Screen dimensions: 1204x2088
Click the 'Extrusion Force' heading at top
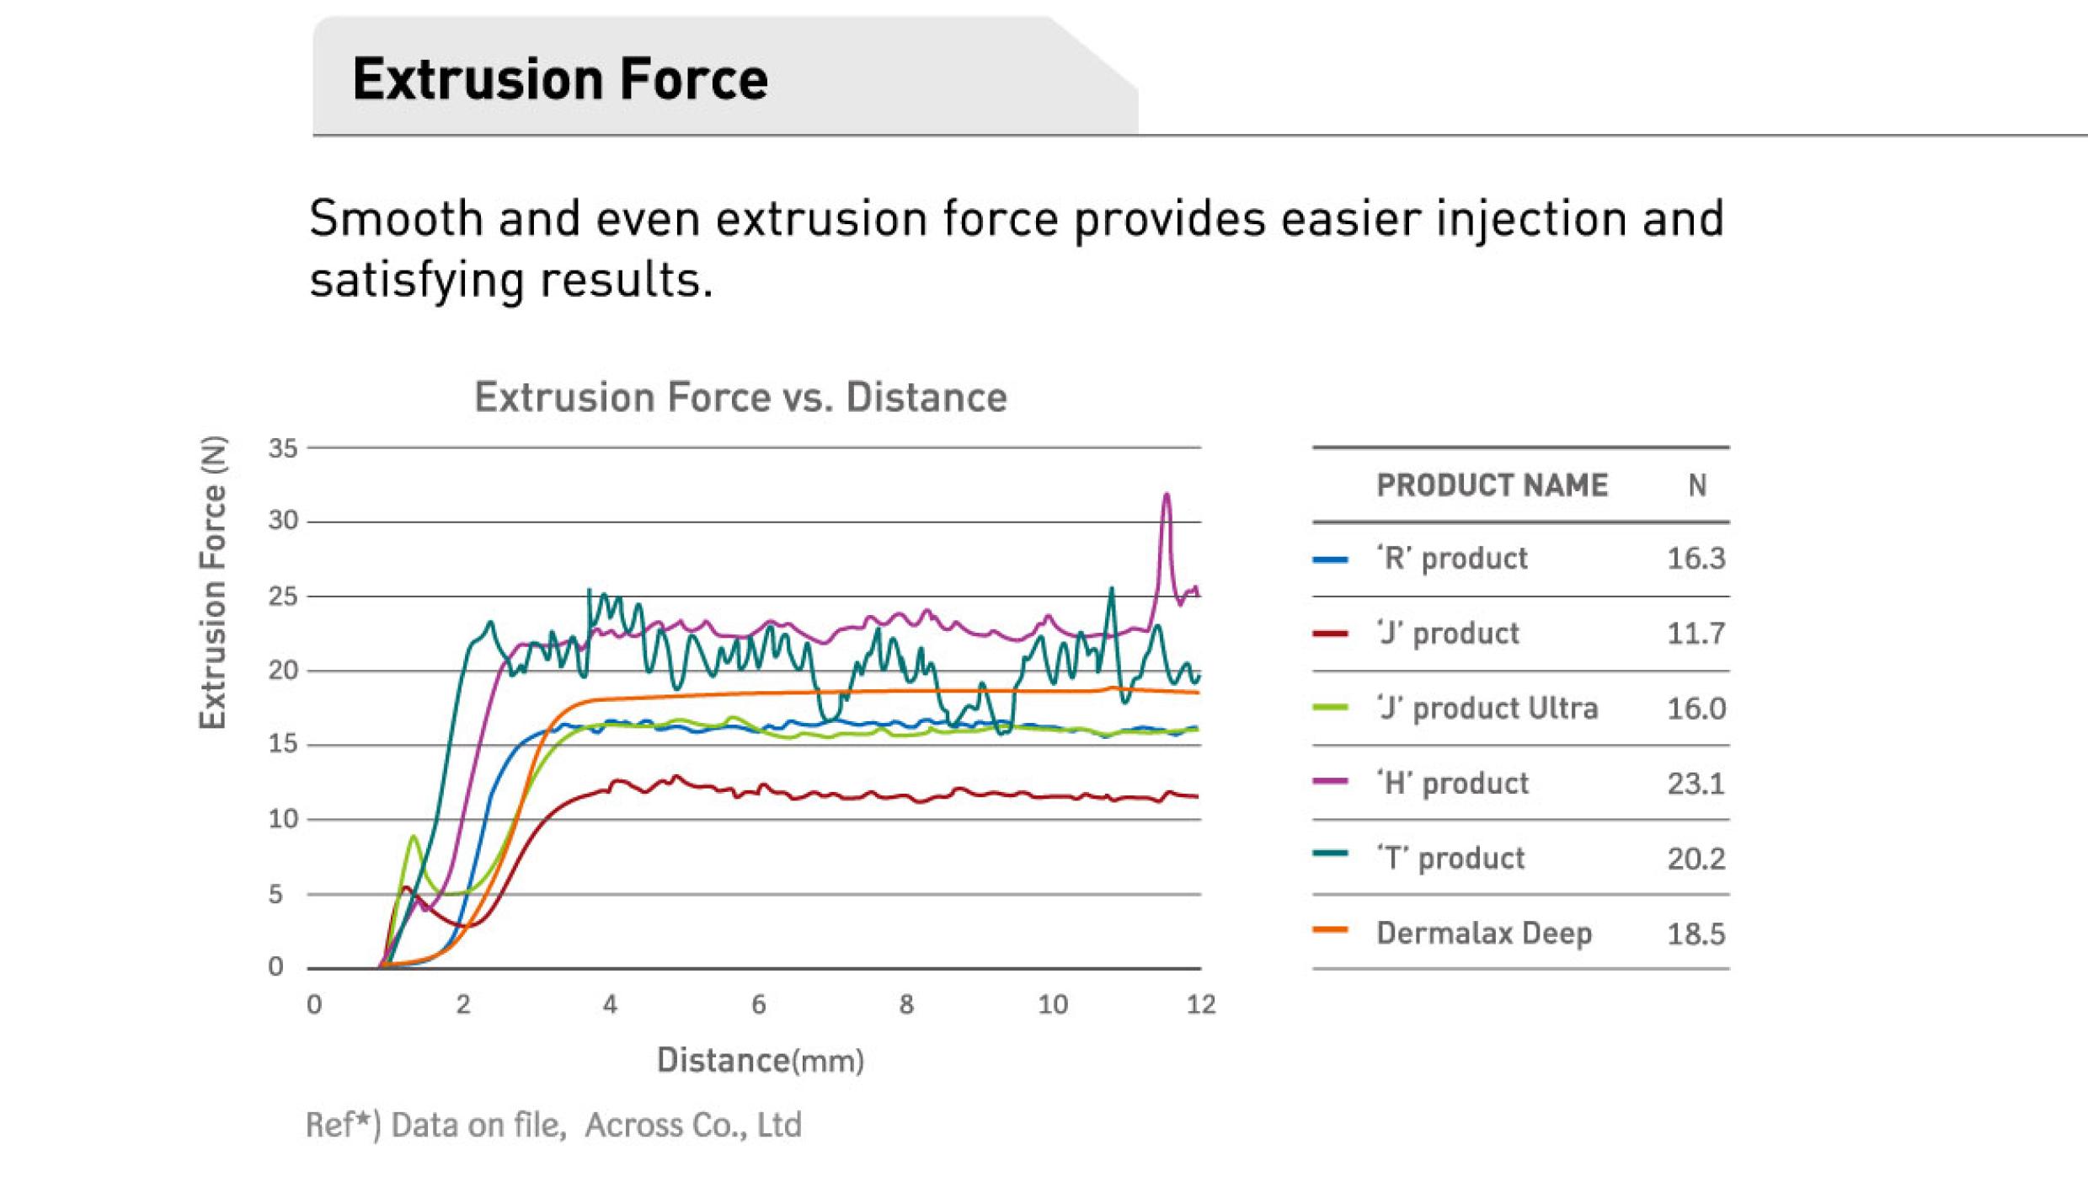click(559, 79)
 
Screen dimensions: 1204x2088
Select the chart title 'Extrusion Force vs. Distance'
click(740, 397)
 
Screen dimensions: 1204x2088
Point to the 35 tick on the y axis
click(283, 448)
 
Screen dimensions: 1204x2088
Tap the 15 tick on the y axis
click(283, 744)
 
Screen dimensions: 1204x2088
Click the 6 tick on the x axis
click(758, 1004)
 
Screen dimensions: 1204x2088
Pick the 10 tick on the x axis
click(1053, 1004)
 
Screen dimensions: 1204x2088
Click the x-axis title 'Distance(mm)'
click(760, 1060)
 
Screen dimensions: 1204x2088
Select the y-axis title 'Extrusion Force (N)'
click(212, 582)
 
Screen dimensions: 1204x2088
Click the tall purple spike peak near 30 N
click(1167, 495)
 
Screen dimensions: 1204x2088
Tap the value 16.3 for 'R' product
click(1695, 559)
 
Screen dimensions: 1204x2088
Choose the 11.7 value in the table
click(1695, 634)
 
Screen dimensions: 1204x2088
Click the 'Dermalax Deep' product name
click(1483, 934)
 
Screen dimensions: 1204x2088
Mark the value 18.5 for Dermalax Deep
click(1695, 934)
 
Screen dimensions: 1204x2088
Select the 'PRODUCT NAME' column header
click(1492, 485)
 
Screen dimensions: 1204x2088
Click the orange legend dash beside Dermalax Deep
click(1330, 931)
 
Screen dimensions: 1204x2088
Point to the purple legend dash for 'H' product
click(1330, 781)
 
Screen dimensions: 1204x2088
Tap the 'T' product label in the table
click(1450, 859)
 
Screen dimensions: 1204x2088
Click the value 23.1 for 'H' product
click(1695, 784)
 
